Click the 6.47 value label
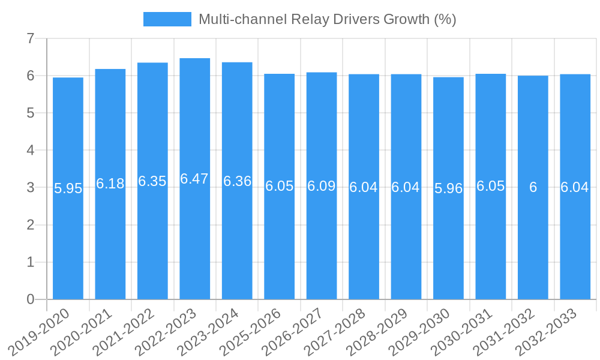coord(194,179)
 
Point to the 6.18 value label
coord(110,184)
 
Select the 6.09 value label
coord(322,186)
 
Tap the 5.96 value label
coord(448,188)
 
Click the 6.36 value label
coord(237,181)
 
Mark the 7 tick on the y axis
coord(31,38)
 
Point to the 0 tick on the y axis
coord(31,299)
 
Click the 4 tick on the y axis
coord(31,150)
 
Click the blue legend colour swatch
coord(167,19)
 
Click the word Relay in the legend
coord(309,19)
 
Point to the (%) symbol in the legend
coord(445,19)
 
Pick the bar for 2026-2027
coord(322,240)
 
